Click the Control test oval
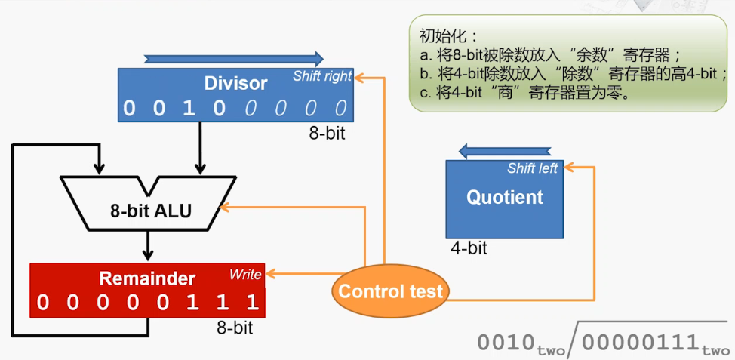tap(390, 291)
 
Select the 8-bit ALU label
tap(151, 211)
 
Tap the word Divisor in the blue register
tap(235, 84)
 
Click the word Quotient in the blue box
tap(505, 197)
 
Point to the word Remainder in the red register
tap(147, 278)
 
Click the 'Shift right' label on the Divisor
tap(322, 76)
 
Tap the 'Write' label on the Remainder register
tap(245, 275)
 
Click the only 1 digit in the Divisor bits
tap(188, 108)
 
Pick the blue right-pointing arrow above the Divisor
tap(234, 59)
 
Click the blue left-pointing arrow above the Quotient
tap(504, 151)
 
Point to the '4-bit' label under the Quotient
tap(469, 248)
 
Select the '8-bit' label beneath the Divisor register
tap(327, 134)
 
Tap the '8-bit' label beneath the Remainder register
tap(235, 328)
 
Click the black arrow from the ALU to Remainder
tap(148, 245)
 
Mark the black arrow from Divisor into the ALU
tap(201, 148)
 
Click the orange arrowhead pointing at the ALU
tap(225, 207)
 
